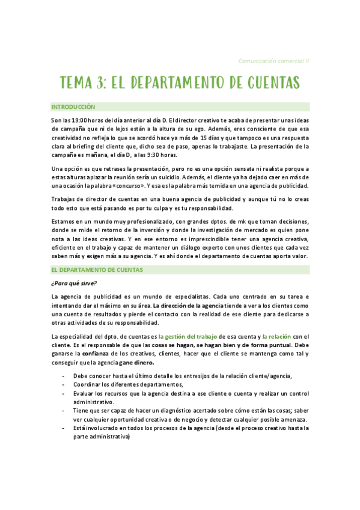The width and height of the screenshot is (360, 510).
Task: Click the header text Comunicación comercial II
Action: pyautogui.click(x=273, y=61)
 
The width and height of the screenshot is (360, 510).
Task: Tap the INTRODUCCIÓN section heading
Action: pyautogui.click(x=73, y=107)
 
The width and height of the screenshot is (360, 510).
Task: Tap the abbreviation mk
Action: pyautogui.click(x=226, y=221)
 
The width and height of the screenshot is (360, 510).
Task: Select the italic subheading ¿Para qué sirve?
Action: pyautogui.click(x=74, y=283)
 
